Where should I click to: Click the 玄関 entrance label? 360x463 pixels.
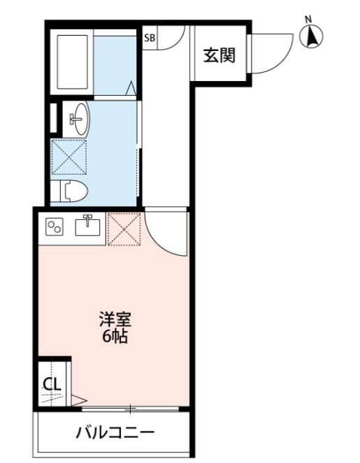[219, 55]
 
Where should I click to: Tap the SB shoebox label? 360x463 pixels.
[150, 38]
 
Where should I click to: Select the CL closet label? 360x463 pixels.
[52, 384]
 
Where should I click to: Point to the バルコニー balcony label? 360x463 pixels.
[115, 433]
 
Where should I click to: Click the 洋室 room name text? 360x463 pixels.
[115, 319]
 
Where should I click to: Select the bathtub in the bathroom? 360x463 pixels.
[73, 61]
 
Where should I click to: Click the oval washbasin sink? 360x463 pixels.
[80, 119]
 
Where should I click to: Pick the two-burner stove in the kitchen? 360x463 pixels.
[55, 227]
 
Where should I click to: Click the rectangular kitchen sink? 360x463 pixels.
[87, 226]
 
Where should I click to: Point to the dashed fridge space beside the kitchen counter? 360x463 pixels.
[124, 229]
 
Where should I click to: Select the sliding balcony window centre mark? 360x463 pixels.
[130, 409]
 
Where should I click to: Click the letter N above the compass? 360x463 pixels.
[309, 20]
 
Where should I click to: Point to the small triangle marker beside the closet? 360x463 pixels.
[78, 401]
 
